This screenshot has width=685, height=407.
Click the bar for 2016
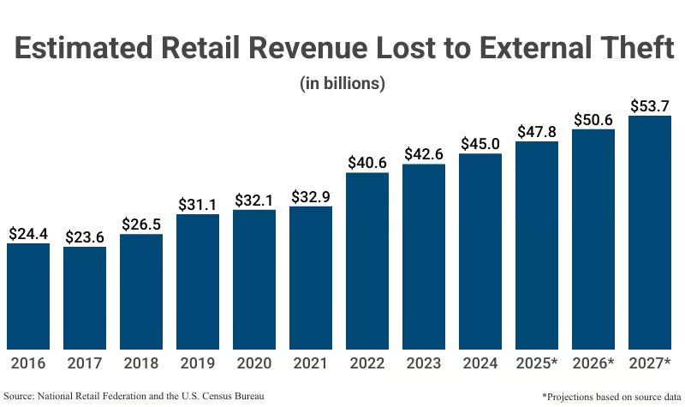point(28,296)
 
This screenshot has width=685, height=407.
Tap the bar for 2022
point(367,260)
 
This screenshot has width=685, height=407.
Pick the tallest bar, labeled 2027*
point(650,231)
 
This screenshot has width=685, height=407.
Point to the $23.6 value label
point(85,236)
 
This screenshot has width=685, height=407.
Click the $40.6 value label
point(367,162)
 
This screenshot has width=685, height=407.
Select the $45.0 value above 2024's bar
point(480,143)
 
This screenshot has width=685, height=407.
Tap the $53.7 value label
point(650,105)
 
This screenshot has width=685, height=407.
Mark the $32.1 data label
point(254,200)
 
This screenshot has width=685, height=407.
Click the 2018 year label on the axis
point(141,364)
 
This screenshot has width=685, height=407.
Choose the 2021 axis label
point(311,364)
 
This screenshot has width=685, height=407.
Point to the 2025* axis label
point(538,364)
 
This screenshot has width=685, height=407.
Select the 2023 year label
point(424,364)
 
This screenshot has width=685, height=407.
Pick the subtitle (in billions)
point(342,84)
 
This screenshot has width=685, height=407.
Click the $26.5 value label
point(141,224)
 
